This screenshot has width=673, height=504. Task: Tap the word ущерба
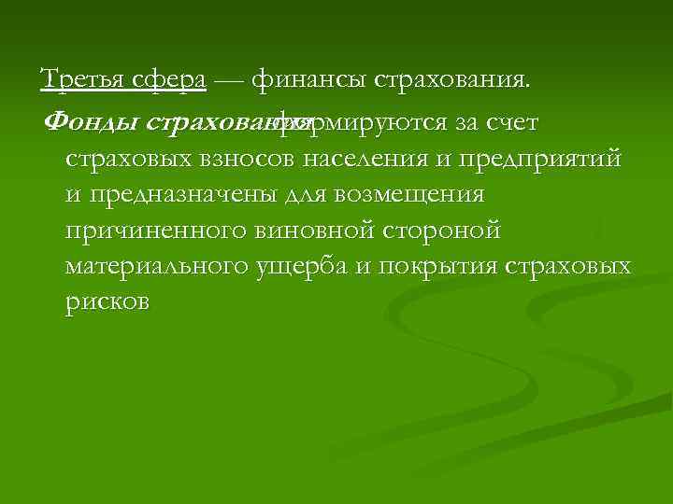(301, 267)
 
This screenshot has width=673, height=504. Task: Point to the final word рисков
(107, 303)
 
